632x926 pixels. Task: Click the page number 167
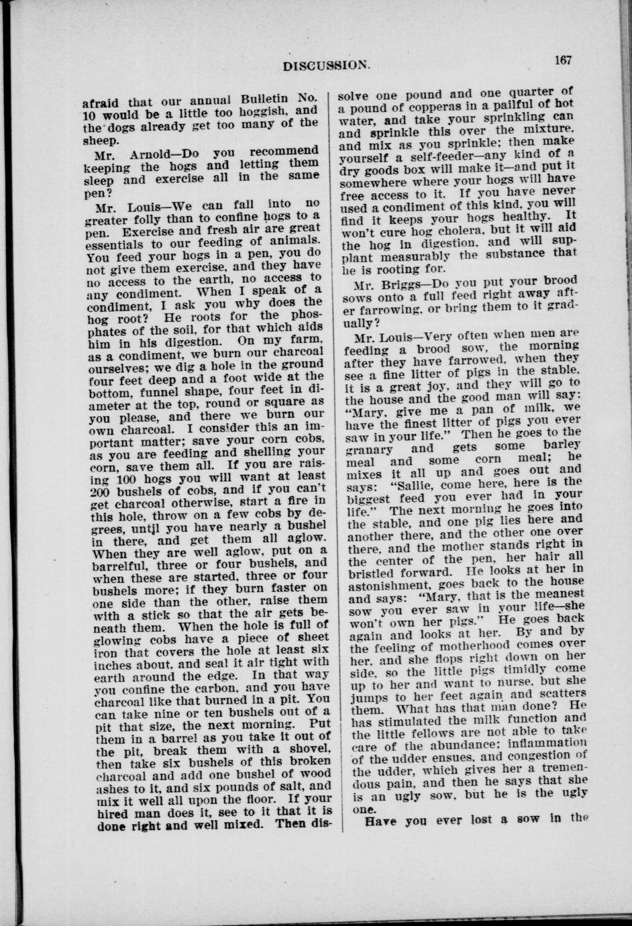click(563, 60)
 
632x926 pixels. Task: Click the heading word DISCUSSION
click(326, 66)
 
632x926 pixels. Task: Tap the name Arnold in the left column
click(155, 152)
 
